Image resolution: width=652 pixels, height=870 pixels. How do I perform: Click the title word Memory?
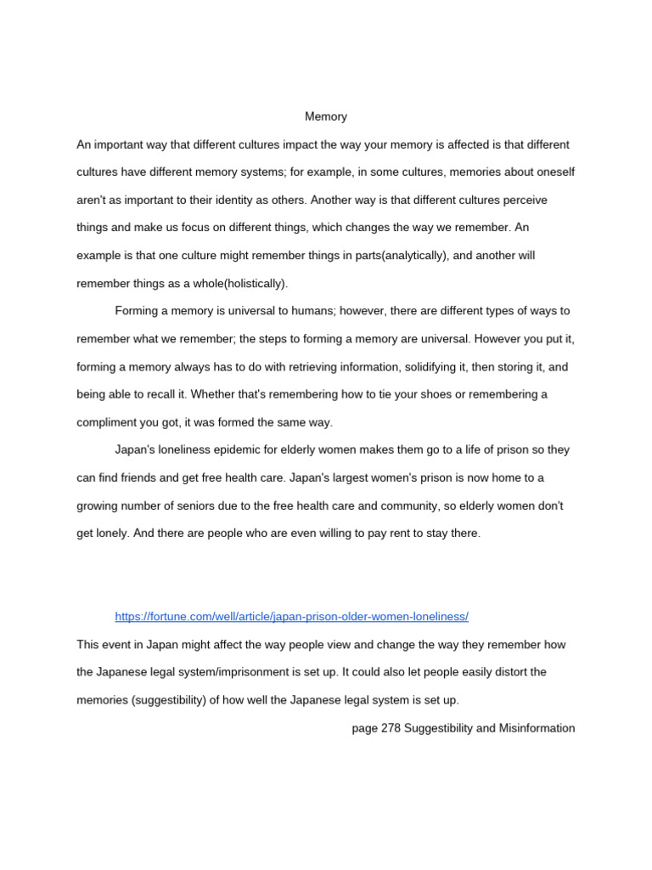[x=326, y=116]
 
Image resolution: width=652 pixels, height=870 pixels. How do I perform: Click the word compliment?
[x=109, y=422]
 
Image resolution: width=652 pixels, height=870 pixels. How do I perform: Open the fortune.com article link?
[x=291, y=616]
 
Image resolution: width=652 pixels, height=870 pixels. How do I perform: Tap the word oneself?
[x=552, y=172]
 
